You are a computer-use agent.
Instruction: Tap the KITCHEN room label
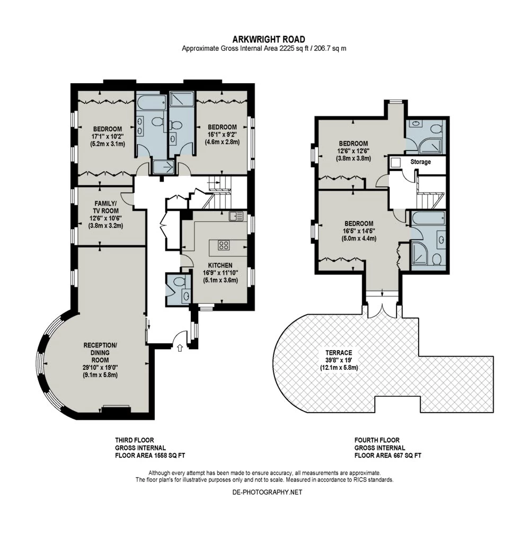tap(220, 265)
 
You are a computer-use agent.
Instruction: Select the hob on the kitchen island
tap(223, 245)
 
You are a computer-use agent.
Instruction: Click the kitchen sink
tap(236, 216)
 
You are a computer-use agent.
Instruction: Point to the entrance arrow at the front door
tap(180, 348)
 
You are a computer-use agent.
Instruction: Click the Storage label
tap(420, 162)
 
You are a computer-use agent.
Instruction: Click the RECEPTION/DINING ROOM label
tap(100, 352)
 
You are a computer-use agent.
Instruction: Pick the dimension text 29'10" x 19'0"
tap(101, 368)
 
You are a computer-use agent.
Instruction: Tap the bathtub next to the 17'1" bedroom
tap(151, 102)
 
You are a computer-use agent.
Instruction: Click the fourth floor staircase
tap(430, 192)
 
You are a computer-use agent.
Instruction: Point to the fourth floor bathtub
tap(428, 218)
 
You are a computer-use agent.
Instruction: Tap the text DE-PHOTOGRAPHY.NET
tap(267, 492)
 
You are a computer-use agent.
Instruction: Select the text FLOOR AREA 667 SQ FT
tap(388, 456)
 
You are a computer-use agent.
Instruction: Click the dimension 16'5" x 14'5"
tap(359, 231)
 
